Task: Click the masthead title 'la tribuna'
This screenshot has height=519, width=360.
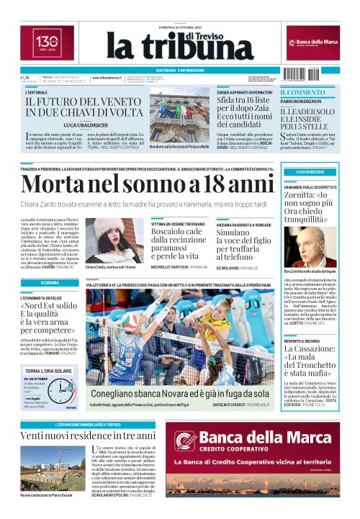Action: click(x=163, y=48)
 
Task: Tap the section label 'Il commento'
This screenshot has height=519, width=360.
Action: click(x=302, y=93)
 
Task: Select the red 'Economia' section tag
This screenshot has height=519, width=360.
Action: click(x=50, y=283)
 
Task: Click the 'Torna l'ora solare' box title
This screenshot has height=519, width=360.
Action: click(x=49, y=371)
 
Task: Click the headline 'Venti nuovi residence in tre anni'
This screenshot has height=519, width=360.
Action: click(x=87, y=436)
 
